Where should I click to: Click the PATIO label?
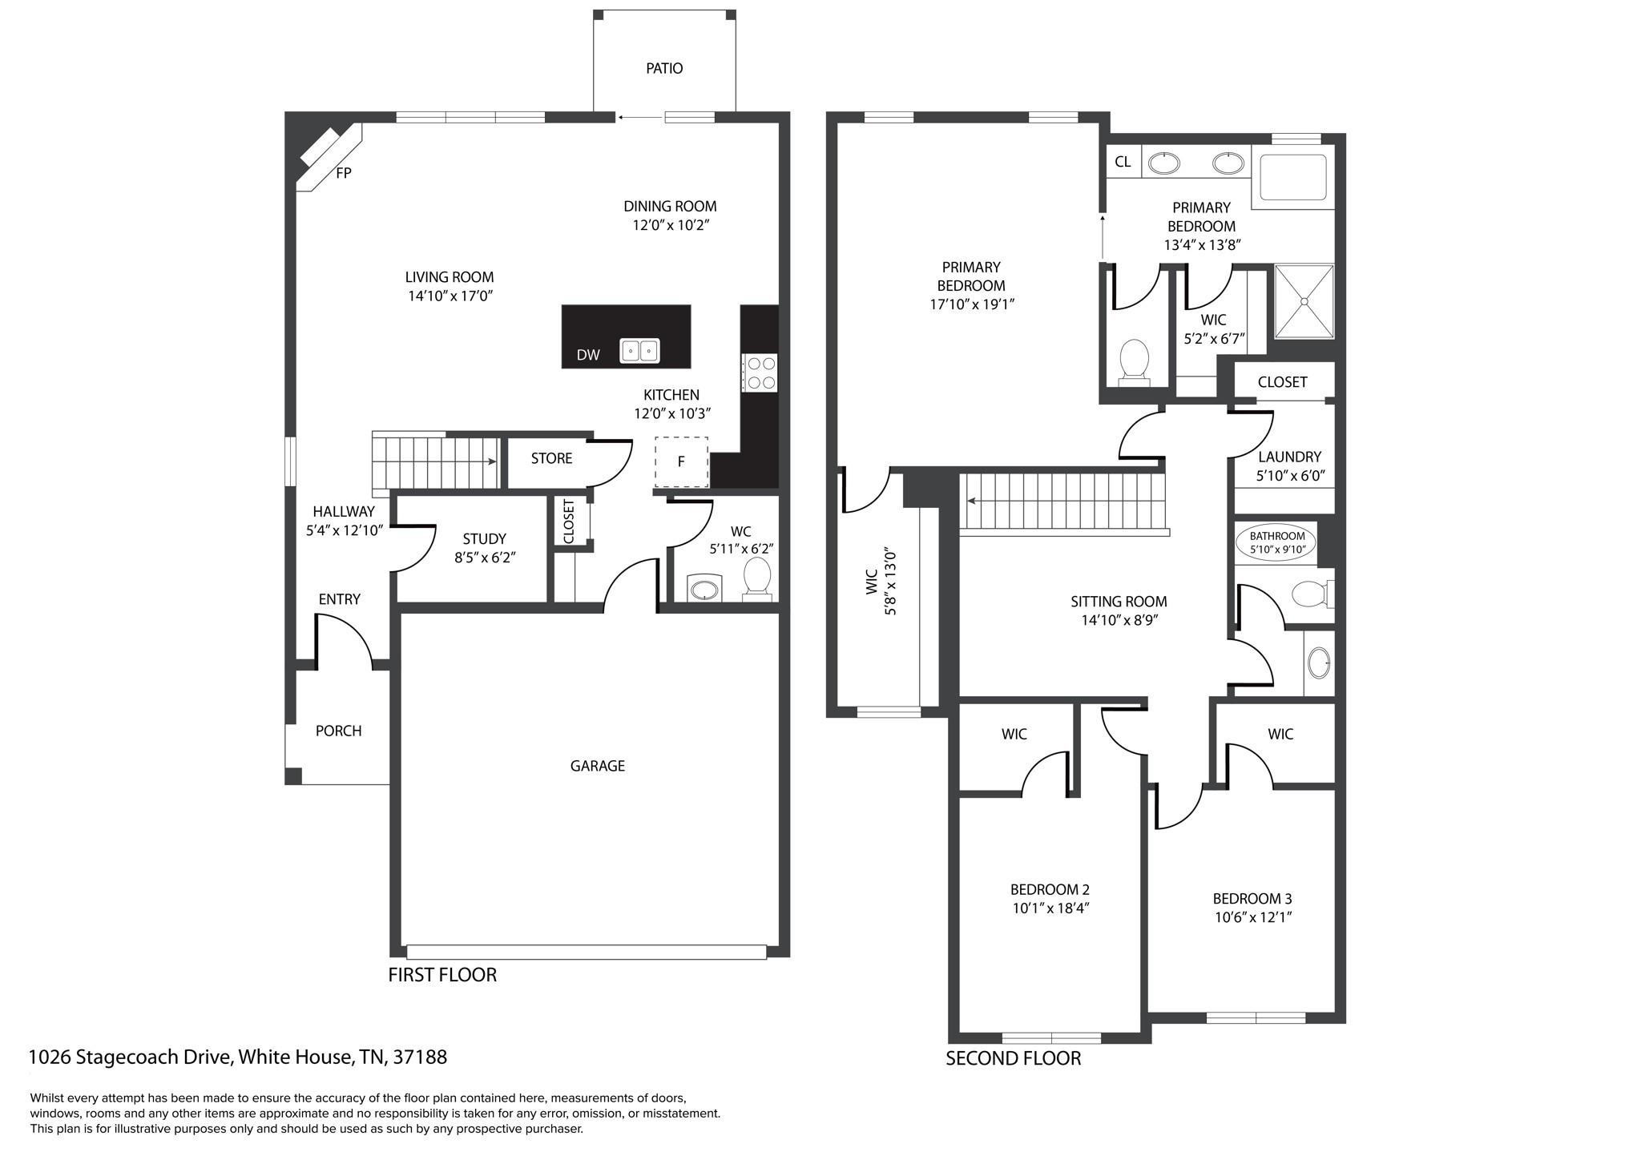pos(664,69)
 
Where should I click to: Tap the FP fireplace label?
pos(344,173)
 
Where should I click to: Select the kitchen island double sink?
pos(639,351)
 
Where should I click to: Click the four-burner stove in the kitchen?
pos(760,373)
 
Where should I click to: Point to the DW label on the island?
pos(588,355)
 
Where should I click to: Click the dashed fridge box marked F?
pos(682,461)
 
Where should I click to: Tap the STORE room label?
pos(551,458)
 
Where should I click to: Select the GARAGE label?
pos(597,766)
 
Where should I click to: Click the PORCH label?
pos(338,731)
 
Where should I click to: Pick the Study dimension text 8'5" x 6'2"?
pos(485,558)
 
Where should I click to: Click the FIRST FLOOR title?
pos(442,975)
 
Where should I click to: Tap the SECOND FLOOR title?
pos(1013,1058)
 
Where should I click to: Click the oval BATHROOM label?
pos(1277,542)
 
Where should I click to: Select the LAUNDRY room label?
pos(1289,457)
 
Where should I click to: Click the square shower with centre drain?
pos(1304,301)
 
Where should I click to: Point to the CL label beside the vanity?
pos(1123,162)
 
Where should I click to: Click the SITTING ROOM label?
pos(1119,602)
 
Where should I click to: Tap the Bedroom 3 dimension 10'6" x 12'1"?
pos(1253,917)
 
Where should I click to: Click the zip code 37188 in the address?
pos(419,1057)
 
